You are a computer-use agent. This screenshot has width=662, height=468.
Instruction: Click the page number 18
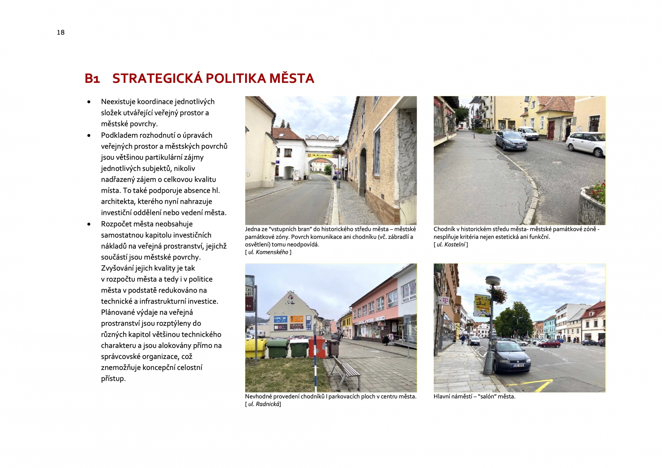tap(61, 32)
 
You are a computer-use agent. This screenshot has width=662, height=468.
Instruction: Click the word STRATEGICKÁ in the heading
tap(157, 78)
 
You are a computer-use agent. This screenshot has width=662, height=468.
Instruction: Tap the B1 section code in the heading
tap(92, 79)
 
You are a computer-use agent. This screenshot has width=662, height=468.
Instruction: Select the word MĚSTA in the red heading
tap(292, 78)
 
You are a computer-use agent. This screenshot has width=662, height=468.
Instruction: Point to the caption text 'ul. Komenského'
tap(268, 252)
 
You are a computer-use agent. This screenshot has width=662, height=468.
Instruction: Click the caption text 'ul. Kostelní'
tap(451, 245)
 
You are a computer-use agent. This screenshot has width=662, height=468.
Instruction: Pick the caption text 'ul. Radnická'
tap(264, 404)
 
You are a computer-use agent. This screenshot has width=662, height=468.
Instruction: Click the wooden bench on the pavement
tap(346, 373)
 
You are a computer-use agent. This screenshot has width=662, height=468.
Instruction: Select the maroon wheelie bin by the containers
tap(333, 348)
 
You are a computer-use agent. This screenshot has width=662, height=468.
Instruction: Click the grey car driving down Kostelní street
tap(511, 140)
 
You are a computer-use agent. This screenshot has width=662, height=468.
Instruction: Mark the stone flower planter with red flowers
tap(592, 204)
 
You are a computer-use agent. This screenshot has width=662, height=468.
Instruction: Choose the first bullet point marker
tap(89, 102)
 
